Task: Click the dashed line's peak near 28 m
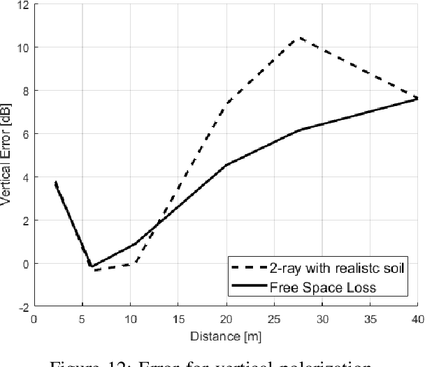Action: pyautogui.click(x=300, y=38)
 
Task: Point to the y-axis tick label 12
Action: pyautogui.click(x=22, y=4)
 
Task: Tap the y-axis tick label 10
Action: pyautogui.click(x=22, y=47)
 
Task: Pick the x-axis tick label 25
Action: pyautogui.click(x=273, y=319)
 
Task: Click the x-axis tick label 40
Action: pyautogui.click(x=417, y=319)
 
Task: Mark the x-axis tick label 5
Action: pyautogui.click(x=82, y=319)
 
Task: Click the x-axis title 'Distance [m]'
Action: pyautogui.click(x=226, y=337)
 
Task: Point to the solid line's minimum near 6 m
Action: pyautogui.click(x=91, y=266)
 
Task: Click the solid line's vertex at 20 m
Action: pyautogui.click(x=226, y=165)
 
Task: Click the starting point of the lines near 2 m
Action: pyautogui.click(x=55, y=182)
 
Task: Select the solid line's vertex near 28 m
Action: pyautogui.click(x=300, y=130)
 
